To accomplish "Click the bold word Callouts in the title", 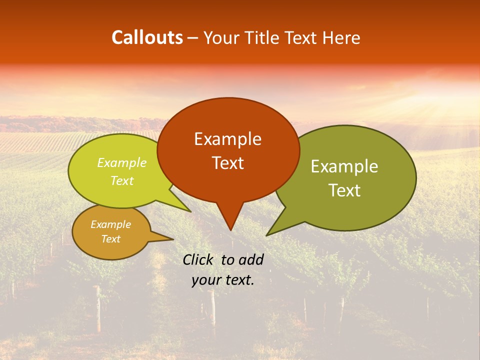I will pos(147,37).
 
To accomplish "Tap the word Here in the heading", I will pos(342,37).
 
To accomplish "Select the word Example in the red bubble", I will pos(227,139).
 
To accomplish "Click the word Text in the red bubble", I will pos(227,163).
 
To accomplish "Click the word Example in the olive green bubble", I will pos(344,166).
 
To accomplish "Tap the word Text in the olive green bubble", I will pos(344,190).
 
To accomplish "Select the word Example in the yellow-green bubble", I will pos(121,162).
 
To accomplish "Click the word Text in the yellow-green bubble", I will pos(121,181).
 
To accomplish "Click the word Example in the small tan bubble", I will pos(110,224).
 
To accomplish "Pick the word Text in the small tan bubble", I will pos(110,239).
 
